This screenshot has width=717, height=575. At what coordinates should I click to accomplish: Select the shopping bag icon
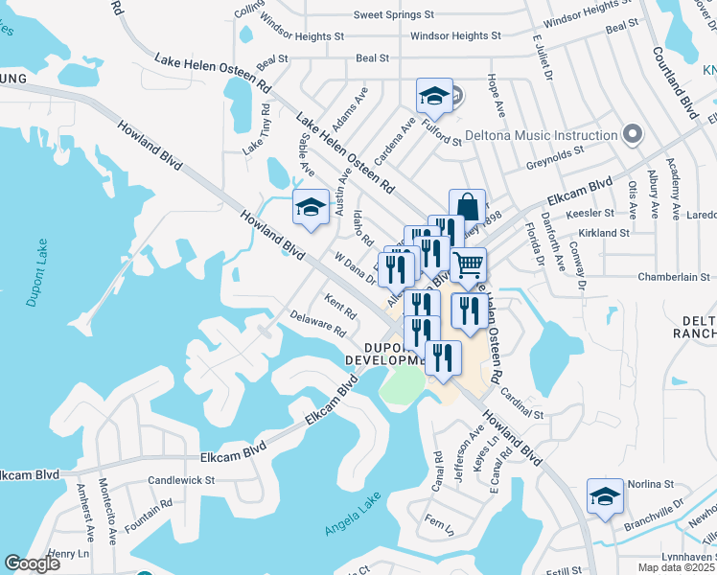pyautogui.click(x=466, y=208)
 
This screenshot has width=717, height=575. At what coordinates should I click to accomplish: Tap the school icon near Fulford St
pyautogui.click(x=433, y=97)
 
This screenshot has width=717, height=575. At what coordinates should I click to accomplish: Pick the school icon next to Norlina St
pyautogui.click(x=604, y=496)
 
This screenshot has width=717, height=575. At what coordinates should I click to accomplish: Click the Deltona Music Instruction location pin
pyautogui.click(x=632, y=135)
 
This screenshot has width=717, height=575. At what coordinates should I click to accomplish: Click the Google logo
pyautogui.click(x=33, y=563)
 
